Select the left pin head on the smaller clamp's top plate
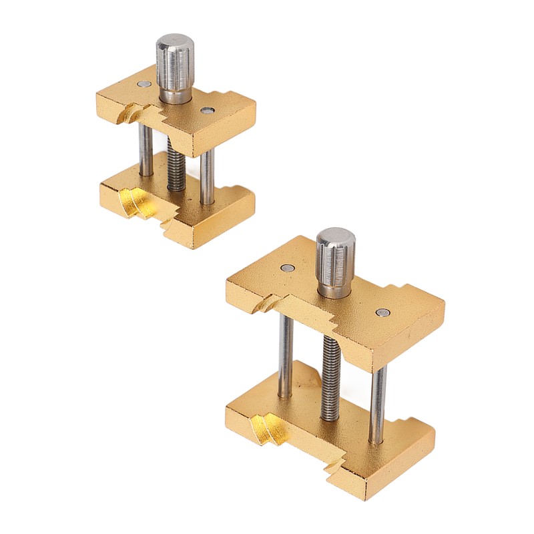145,84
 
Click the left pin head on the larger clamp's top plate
286,268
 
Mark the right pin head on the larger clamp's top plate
382,312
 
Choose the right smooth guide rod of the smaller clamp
208,175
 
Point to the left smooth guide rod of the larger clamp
286,354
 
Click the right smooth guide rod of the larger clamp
378,400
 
